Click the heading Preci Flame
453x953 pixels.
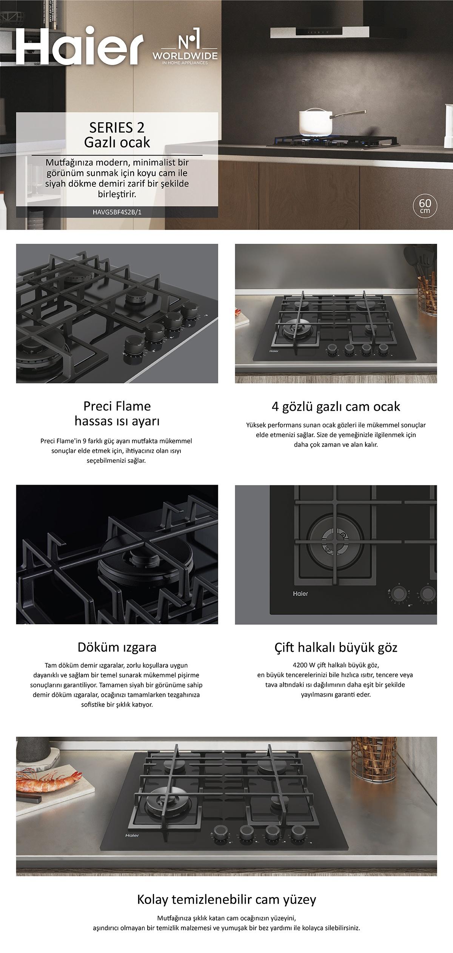coord(117,406)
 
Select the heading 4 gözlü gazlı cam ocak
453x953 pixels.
coord(336,407)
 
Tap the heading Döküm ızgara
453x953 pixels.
coord(117,648)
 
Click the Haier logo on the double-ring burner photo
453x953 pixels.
coord(300,594)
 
